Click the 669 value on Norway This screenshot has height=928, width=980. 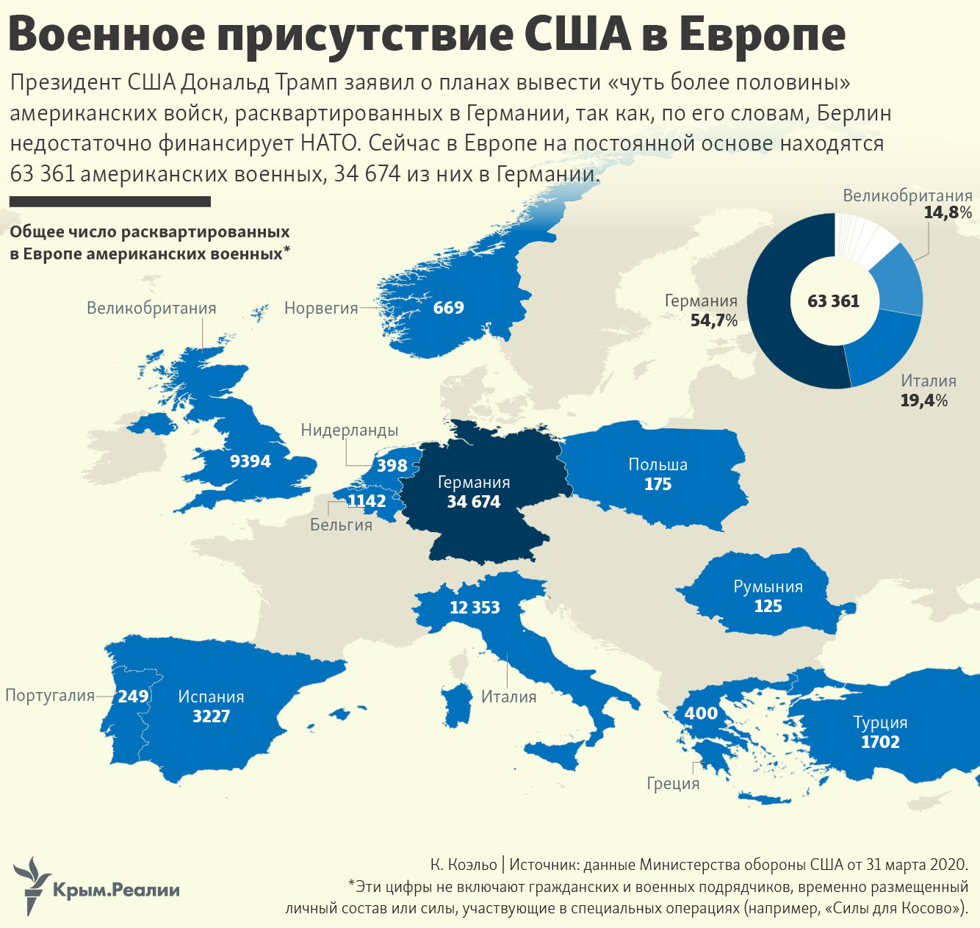(448, 308)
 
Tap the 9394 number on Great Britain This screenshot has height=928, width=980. (251, 461)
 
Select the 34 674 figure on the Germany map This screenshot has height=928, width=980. (474, 503)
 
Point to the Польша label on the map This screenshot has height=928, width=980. (657, 464)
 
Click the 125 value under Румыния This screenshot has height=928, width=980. (768, 606)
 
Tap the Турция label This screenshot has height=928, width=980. (880, 722)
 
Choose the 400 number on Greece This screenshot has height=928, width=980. (701, 713)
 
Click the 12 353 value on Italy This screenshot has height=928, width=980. (475, 608)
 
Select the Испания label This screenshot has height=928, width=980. (211, 697)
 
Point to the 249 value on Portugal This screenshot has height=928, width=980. (133, 697)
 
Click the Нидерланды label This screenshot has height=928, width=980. (350, 431)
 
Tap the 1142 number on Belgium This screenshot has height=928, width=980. (367, 501)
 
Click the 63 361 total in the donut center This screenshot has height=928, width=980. (833, 301)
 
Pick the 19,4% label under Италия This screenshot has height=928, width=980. (924, 400)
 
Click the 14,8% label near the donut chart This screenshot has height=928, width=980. (948, 213)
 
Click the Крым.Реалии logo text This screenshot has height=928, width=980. (116, 891)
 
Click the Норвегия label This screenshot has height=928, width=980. (321, 309)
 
